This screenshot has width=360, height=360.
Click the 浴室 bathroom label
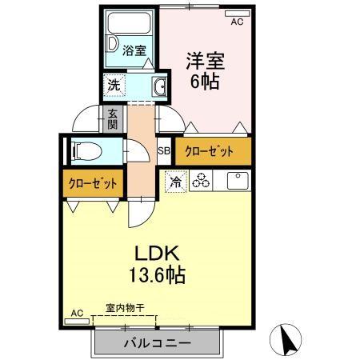(134, 50)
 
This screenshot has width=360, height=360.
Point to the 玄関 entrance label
(114, 119)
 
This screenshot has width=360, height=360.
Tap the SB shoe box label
(163, 150)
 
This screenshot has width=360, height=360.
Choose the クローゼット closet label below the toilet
(92, 183)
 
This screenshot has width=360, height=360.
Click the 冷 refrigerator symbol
(174, 182)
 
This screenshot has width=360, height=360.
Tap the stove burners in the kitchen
(200, 182)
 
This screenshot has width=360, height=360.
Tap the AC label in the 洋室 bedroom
(236, 22)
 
